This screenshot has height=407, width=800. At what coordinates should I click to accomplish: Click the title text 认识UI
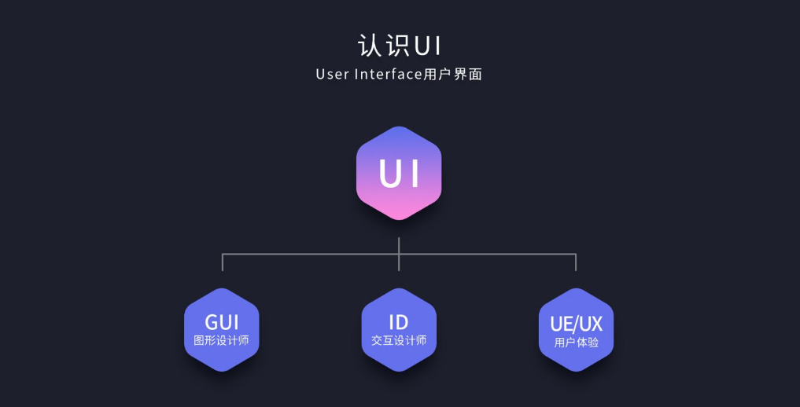pos(400,45)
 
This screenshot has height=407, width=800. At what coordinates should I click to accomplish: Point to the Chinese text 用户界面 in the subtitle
pos(453,75)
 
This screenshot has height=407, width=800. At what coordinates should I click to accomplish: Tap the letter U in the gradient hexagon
pos(389,174)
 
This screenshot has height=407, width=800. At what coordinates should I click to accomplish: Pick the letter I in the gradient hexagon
pos(415,174)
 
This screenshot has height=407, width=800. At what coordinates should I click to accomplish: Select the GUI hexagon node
pos(222,329)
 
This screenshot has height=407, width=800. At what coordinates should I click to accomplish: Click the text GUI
pos(222,322)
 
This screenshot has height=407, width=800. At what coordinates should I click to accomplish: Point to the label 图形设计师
pos(222,341)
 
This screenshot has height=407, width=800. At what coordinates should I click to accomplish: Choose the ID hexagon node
pos(399,329)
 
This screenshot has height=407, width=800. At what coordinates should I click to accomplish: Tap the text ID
pos(399,322)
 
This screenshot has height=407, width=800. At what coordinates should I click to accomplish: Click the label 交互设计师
pos(399,341)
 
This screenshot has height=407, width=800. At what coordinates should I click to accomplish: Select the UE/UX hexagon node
pos(576,329)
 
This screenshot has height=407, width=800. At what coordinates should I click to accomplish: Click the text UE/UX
pos(576,323)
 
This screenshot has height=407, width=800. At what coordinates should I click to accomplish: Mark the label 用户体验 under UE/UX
pos(576,343)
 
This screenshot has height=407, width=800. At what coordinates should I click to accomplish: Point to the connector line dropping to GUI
pos(223,262)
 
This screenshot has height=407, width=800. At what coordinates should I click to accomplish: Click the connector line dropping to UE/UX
pos(576,262)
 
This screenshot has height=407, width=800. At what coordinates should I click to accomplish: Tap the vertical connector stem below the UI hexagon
pos(399,244)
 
